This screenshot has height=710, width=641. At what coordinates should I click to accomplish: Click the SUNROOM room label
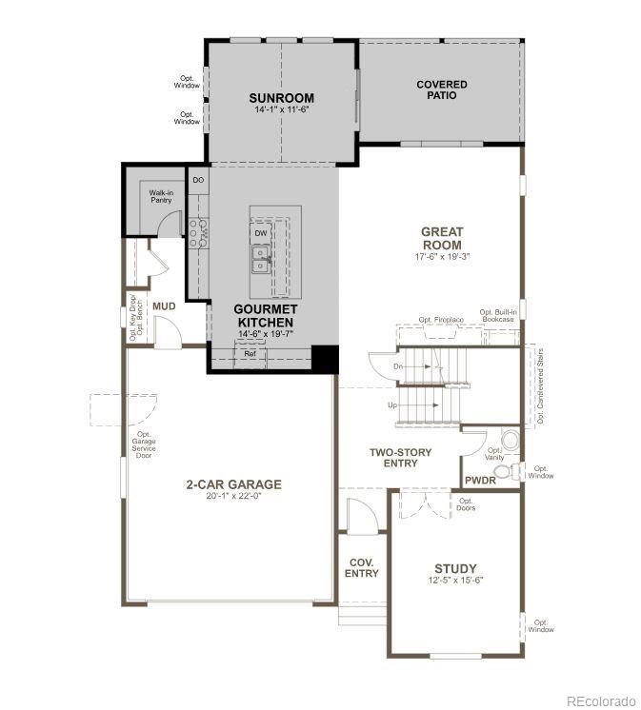[x=281, y=98]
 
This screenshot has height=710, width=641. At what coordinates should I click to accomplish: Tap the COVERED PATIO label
[x=442, y=90]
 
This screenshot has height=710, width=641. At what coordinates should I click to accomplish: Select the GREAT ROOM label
[x=442, y=238]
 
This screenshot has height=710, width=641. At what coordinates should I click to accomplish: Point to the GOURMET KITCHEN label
[x=267, y=316]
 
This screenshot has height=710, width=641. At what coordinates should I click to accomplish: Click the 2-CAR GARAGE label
[x=233, y=484]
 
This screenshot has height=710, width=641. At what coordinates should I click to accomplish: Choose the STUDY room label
[x=455, y=569]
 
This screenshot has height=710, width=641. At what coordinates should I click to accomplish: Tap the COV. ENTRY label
[x=362, y=567]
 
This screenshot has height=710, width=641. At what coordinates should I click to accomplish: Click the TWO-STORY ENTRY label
[x=400, y=458]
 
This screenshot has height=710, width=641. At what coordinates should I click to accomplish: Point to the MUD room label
[x=164, y=306]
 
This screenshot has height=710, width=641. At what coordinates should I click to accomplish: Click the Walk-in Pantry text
[x=161, y=196]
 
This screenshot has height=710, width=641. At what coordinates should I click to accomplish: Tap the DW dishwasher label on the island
[x=260, y=232]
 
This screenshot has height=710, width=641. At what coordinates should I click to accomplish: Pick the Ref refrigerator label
[x=250, y=354]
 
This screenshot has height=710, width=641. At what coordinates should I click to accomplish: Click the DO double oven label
[x=198, y=179]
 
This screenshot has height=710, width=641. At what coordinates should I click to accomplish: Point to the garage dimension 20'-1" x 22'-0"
[x=233, y=497]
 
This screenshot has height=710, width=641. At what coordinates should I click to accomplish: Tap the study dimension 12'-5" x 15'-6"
[x=455, y=581]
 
